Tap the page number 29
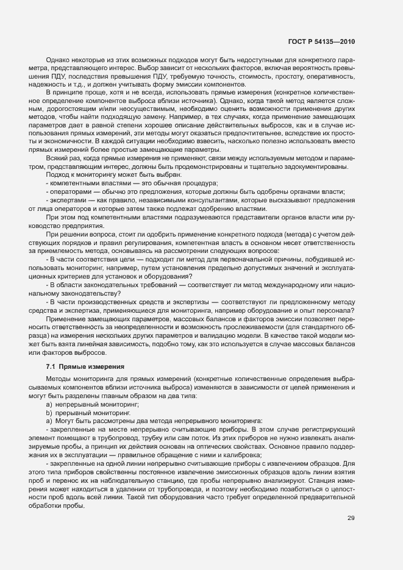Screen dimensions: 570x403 [351, 518]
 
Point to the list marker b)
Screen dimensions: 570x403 [49, 413]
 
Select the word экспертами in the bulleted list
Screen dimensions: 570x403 [70, 199]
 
